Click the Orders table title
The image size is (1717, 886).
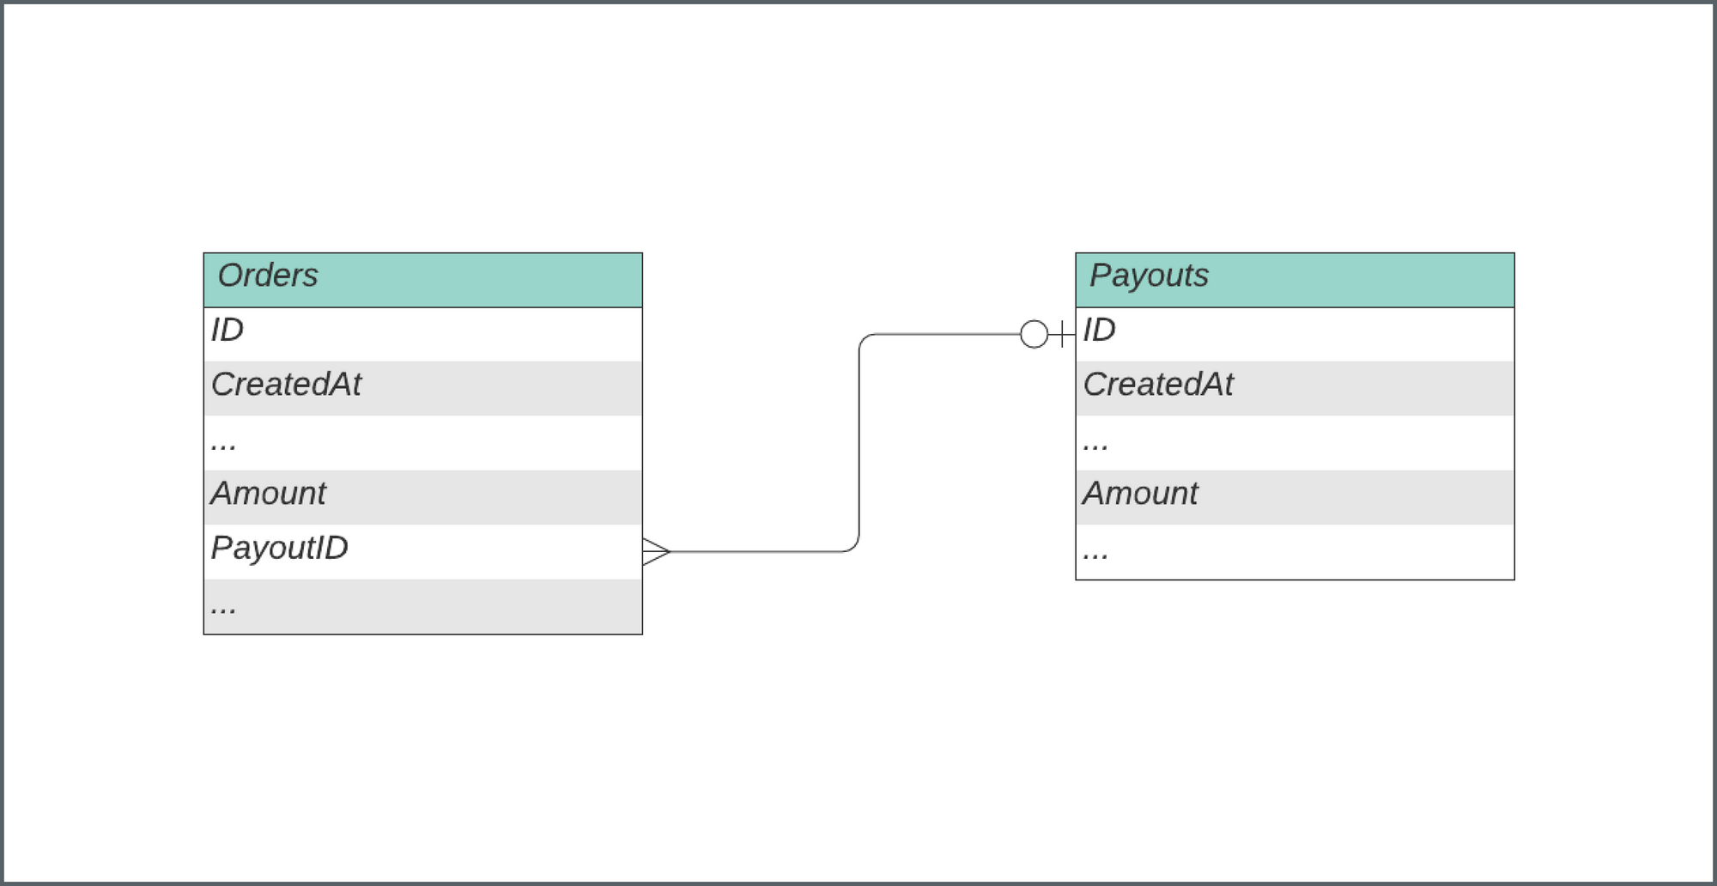click(268, 276)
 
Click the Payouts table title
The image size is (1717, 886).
click(1149, 276)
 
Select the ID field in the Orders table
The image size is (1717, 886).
click(228, 331)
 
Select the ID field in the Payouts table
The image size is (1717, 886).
click(1099, 331)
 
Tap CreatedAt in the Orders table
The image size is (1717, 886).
click(286, 385)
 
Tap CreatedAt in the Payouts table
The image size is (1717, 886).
click(1158, 385)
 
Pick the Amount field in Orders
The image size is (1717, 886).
click(269, 494)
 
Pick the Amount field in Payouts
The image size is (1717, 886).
click(1140, 494)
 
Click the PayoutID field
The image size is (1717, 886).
click(279, 548)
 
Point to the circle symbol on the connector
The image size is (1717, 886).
click(1034, 334)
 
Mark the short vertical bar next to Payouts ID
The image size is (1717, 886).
click(1063, 334)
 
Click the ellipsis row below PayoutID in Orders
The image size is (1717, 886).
click(223, 606)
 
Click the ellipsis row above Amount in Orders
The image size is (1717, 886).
click(223, 443)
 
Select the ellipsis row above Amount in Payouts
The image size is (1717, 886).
click(1095, 443)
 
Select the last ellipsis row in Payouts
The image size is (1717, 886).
click(1095, 552)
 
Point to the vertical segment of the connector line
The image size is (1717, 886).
click(859, 442)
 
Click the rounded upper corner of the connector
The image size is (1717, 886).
click(864, 338)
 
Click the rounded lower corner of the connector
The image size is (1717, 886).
click(854, 547)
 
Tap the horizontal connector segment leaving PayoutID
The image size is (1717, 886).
click(755, 551)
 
